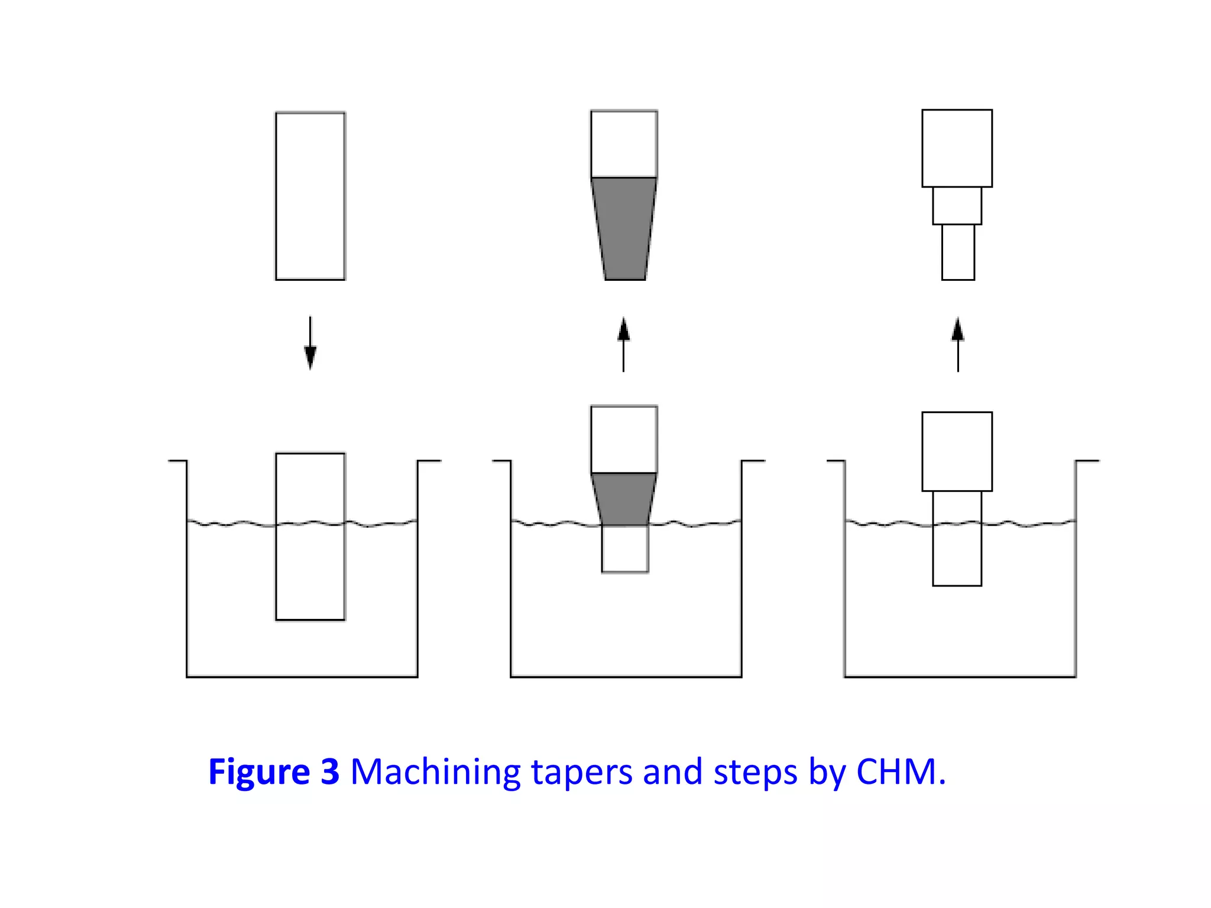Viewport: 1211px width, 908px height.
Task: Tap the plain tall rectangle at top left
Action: pos(310,196)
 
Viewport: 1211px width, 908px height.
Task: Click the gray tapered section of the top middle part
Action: pos(624,228)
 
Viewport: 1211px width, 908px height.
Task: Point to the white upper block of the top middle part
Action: pos(624,144)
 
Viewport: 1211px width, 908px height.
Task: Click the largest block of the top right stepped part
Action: pos(957,148)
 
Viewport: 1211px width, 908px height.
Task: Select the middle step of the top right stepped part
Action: pos(957,206)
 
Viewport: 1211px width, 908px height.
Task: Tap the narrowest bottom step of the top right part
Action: pos(958,252)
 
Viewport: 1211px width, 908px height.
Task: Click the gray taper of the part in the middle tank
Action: pos(624,498)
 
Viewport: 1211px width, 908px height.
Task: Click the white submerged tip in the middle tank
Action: pos(625,549)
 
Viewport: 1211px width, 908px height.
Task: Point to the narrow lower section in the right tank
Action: pos(957,538)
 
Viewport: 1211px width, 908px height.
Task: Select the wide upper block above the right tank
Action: pos(957,452)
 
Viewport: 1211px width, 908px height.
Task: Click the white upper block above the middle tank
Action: pos(624,439)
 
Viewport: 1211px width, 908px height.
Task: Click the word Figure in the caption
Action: pos(259,772)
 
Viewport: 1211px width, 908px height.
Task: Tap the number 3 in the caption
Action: pos(330,772)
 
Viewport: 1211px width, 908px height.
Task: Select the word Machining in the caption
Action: pos(435,772)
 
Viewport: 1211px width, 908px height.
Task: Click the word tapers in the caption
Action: pos(582,772)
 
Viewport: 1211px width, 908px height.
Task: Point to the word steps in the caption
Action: pos(755,772)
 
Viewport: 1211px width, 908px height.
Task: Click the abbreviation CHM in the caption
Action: pos(895,772)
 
